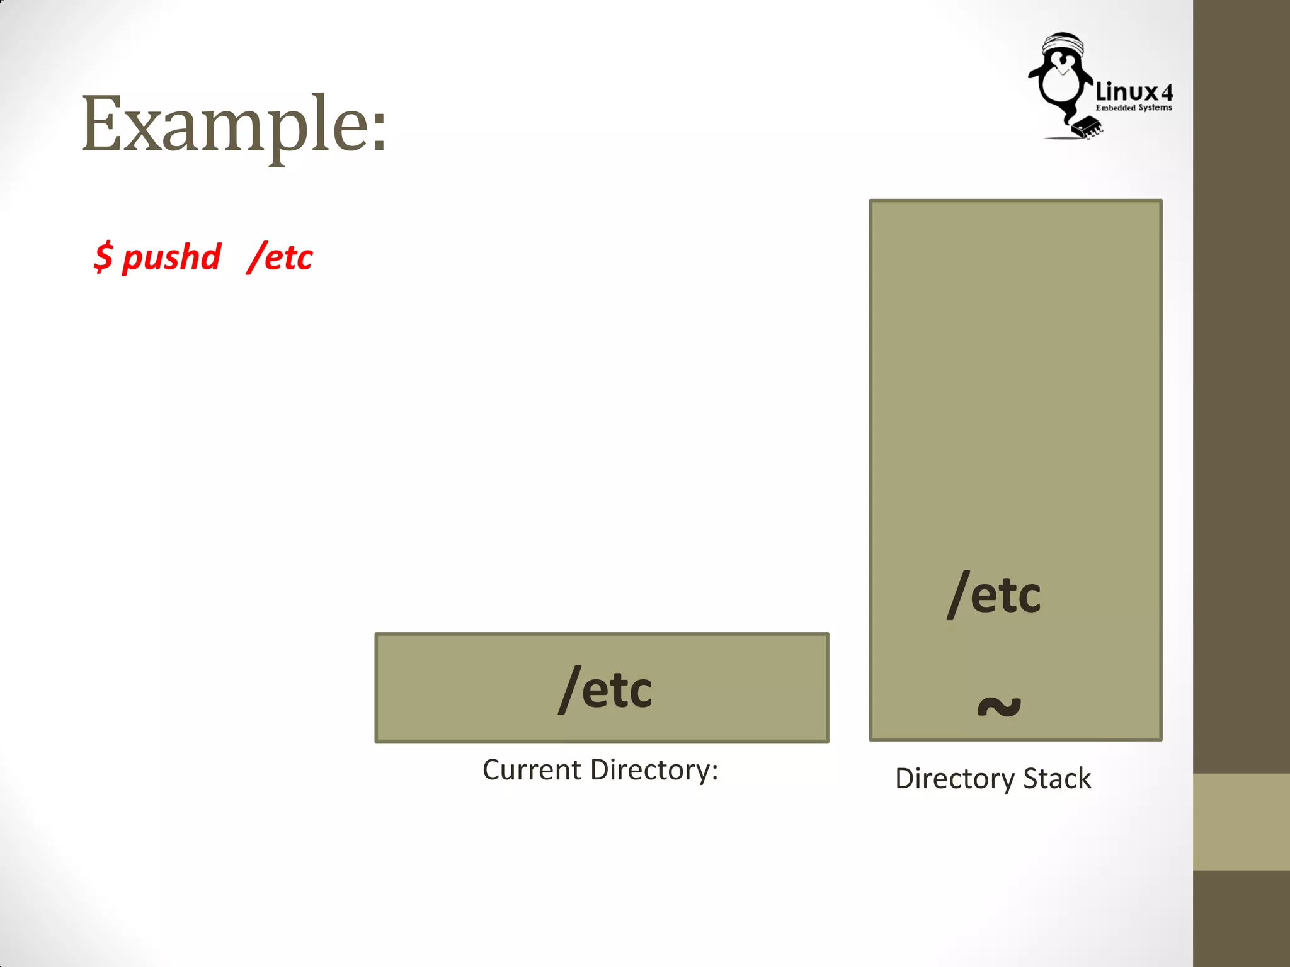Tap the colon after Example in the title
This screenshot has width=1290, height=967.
tap(379, 134)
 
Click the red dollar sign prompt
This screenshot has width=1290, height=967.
tap(103, 257)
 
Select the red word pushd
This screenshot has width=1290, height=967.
tap(171, 257)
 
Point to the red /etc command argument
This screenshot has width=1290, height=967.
tap(280, 257)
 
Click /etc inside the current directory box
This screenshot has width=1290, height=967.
tap(605, 689)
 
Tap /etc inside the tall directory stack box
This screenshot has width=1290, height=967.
tap(994, 594)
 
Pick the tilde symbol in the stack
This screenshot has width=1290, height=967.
tap(999, 706)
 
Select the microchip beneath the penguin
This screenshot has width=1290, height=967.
tap(1087, 127)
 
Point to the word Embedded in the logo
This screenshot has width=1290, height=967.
tap(1116, 108)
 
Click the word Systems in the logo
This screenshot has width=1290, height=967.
tap(1155, 108)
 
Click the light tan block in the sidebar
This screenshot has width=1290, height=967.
tap(1241, 822)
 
